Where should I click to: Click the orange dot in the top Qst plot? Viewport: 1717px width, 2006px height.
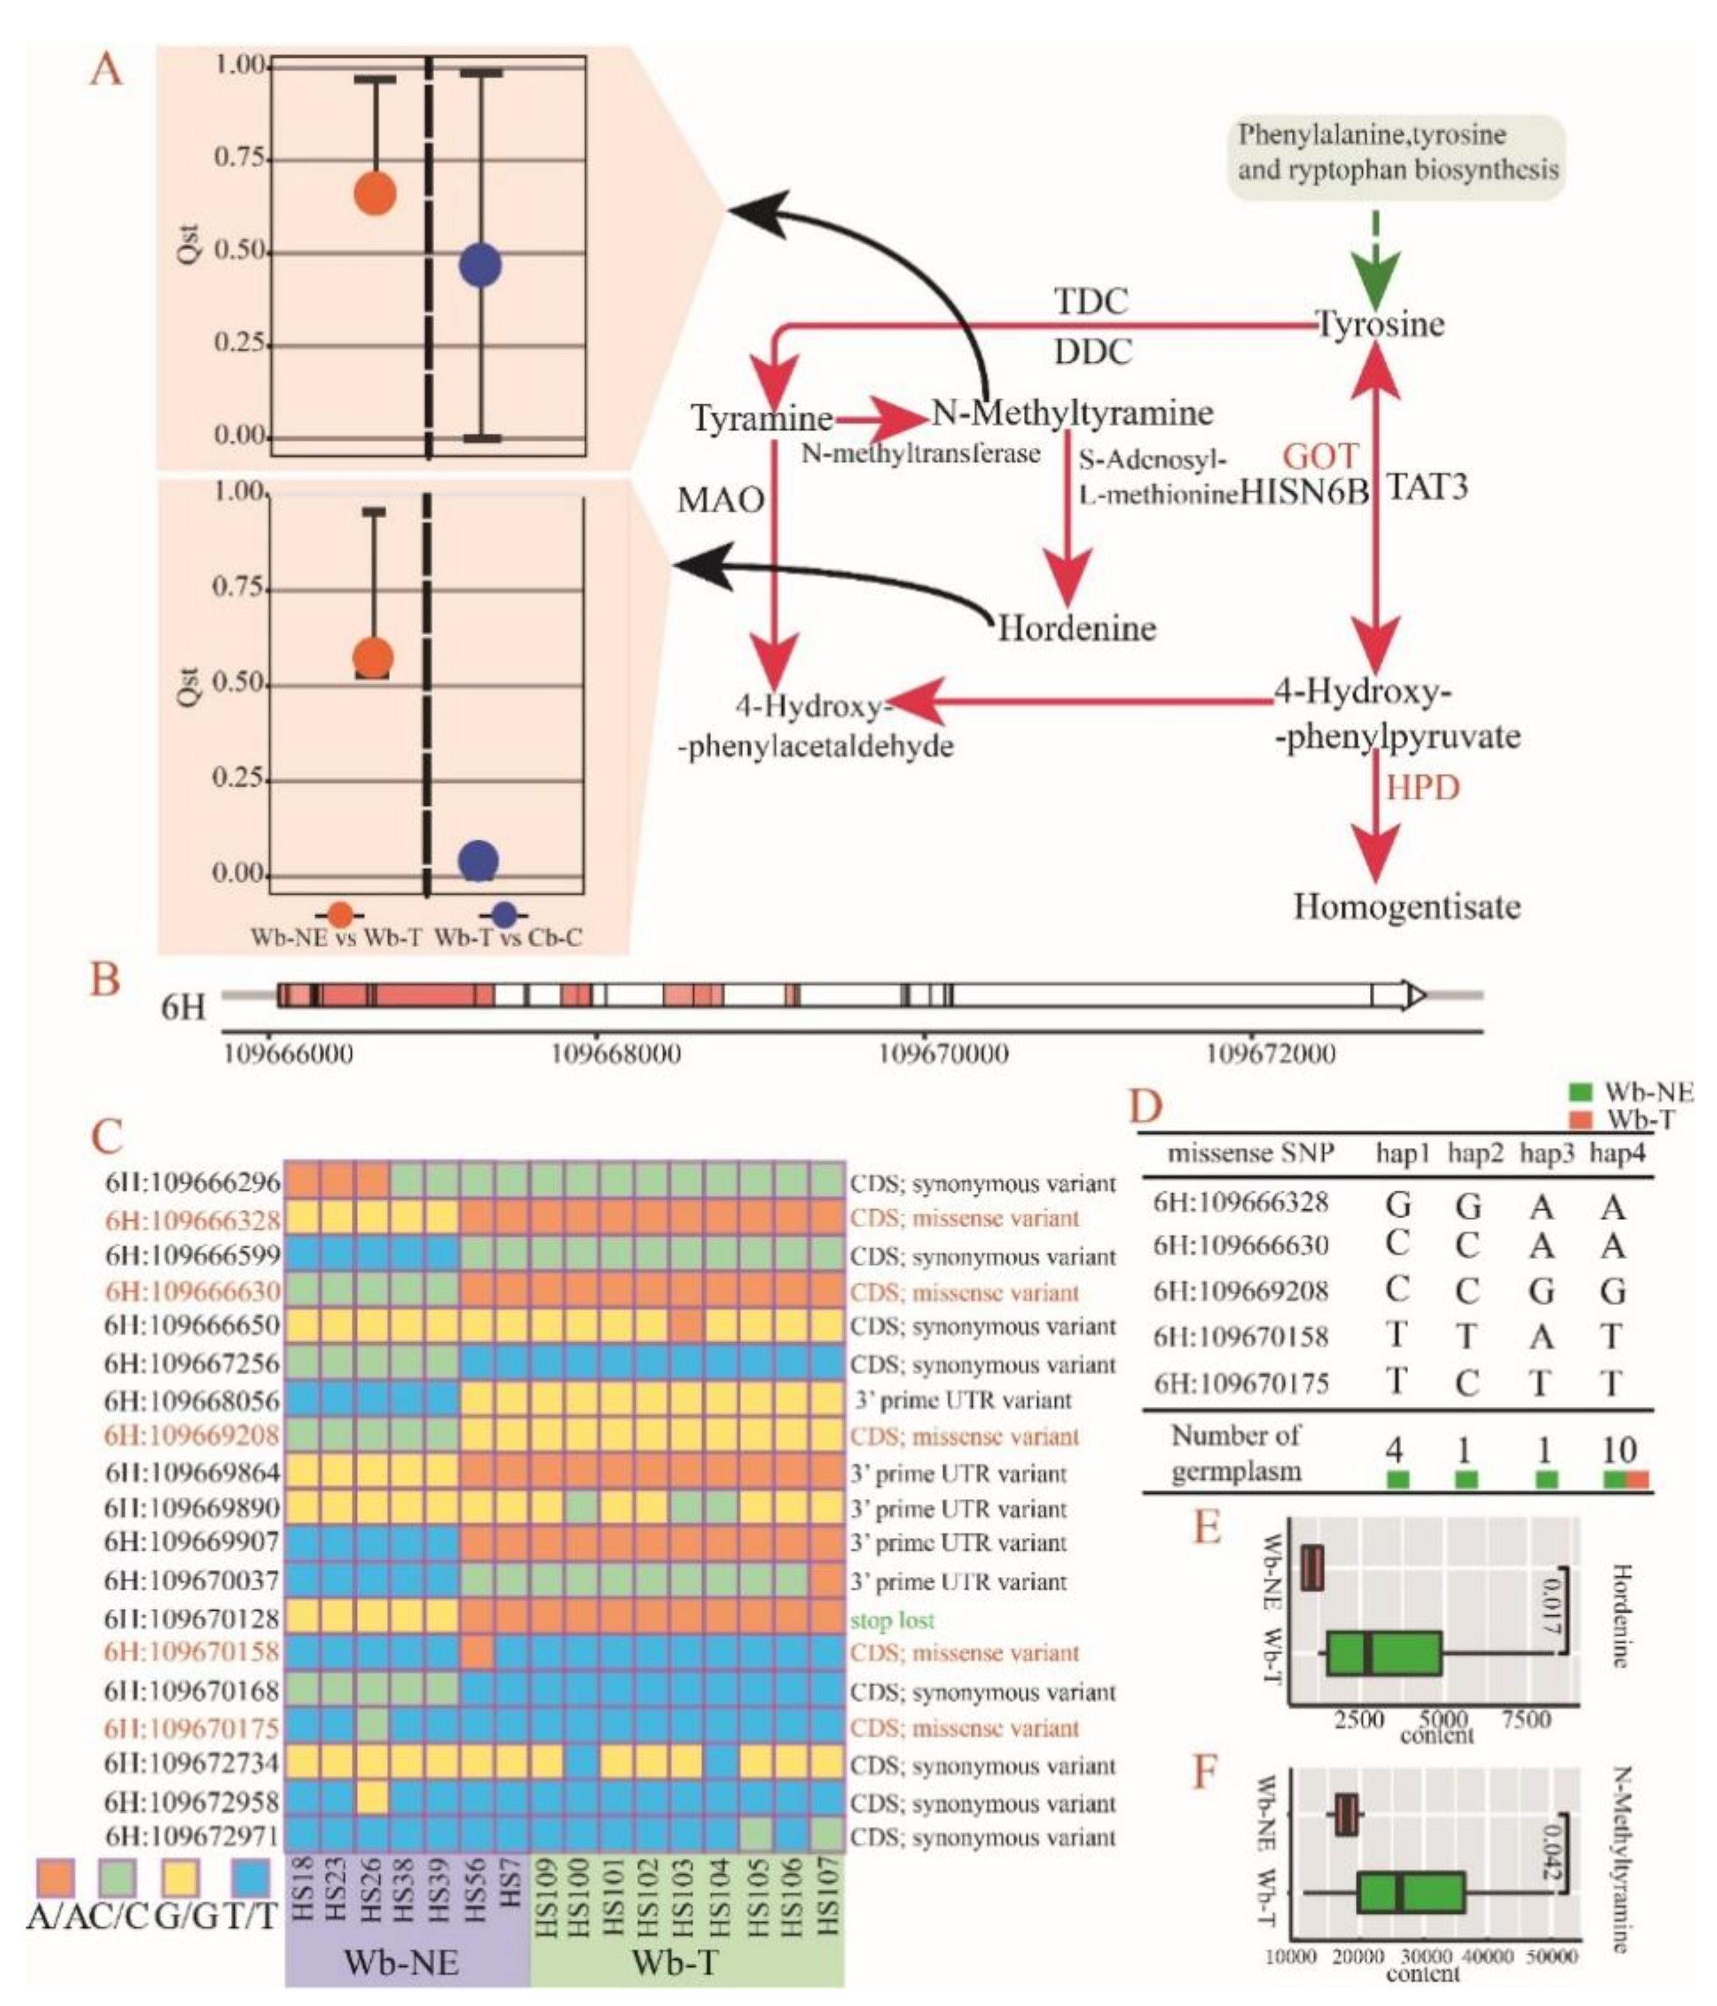[x=374, y=194]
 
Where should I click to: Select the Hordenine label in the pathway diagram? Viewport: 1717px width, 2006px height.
[x=1077, y=629]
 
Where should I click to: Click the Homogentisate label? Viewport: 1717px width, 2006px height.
[x=1407, y=907]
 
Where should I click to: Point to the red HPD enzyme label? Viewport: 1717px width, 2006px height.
[x=1422, y=788]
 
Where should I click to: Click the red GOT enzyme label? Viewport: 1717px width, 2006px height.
[x=1321, y=455]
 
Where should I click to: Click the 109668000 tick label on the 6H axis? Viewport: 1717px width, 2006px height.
[x=615, y=1053]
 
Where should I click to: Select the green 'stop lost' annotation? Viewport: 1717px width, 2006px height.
[x=892, y=1620]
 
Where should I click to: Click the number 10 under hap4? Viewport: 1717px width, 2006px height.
[x=1618, y=1450]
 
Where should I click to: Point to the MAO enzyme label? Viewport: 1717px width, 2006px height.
[x=720, y=500]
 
